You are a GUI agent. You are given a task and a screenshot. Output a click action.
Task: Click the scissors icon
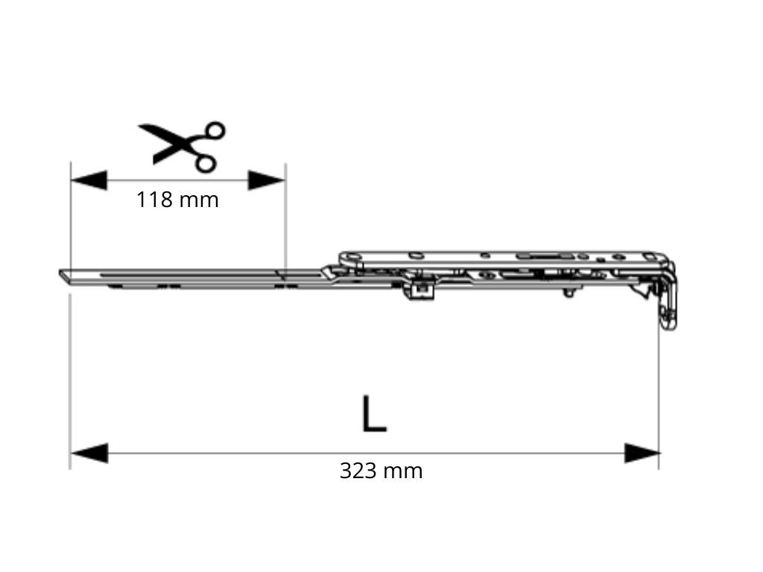pos(182,147)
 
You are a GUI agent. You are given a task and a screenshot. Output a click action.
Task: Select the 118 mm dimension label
pos(177,200)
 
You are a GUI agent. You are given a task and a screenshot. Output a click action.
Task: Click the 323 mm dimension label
pos(381,471)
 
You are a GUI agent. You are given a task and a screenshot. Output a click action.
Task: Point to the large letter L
pos(374,414)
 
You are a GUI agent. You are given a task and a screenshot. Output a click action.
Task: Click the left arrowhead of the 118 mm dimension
pos(89,180)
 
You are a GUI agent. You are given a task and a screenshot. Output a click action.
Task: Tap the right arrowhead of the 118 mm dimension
pos(266,180)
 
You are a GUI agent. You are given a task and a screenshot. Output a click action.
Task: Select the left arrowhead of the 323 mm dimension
pos(89,453)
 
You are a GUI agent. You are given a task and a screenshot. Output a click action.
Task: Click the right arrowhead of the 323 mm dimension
pos(642,453)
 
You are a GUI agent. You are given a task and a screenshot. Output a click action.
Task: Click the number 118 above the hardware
pos(154,200)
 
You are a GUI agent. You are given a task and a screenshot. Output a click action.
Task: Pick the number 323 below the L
pos(358,471)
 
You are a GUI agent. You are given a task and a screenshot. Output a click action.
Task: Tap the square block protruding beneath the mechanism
pos(420,290)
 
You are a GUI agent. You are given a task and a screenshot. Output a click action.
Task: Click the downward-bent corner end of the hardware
pos(668,311)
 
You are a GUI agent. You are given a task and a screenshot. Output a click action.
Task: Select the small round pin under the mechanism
pos(569,293)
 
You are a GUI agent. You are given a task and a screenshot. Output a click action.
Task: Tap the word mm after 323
pos(402,472)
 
